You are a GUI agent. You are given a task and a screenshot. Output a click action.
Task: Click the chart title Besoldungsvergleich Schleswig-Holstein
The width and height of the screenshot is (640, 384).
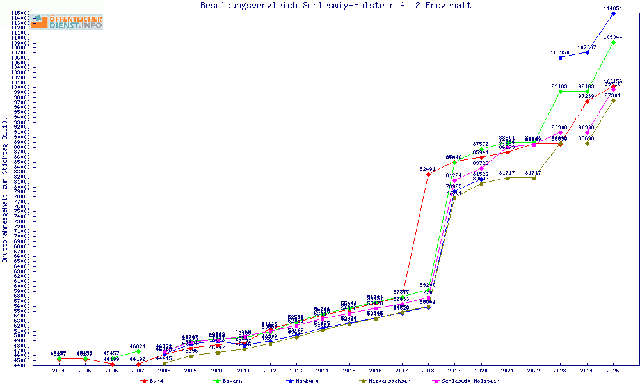point(335,6)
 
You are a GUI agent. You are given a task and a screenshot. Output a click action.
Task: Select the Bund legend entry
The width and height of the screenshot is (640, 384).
point(152,381)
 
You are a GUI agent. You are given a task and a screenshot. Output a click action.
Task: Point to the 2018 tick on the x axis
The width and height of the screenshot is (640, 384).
point(428,371)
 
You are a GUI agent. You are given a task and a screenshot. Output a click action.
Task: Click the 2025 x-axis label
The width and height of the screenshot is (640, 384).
point(613,371)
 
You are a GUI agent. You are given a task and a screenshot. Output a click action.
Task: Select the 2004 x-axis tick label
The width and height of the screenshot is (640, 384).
point(59,371)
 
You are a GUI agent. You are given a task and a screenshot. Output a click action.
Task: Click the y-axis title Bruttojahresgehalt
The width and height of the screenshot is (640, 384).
point(6,190)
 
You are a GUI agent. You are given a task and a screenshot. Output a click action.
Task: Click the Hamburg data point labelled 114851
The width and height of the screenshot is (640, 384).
point(613,13)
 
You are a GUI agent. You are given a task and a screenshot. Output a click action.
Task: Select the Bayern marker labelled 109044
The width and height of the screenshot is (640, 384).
point(613,42)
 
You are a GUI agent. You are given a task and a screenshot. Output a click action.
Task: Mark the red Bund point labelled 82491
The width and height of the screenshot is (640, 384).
point(428,174)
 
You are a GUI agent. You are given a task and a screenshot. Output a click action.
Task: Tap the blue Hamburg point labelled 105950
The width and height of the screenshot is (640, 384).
point(561,58)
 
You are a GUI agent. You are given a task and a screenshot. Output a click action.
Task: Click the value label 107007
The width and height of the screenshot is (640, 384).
point(587,47)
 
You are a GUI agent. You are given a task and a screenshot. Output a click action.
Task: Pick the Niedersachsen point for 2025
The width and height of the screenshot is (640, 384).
point(613,100)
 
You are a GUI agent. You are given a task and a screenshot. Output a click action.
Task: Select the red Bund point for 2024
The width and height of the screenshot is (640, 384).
point(587,101)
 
